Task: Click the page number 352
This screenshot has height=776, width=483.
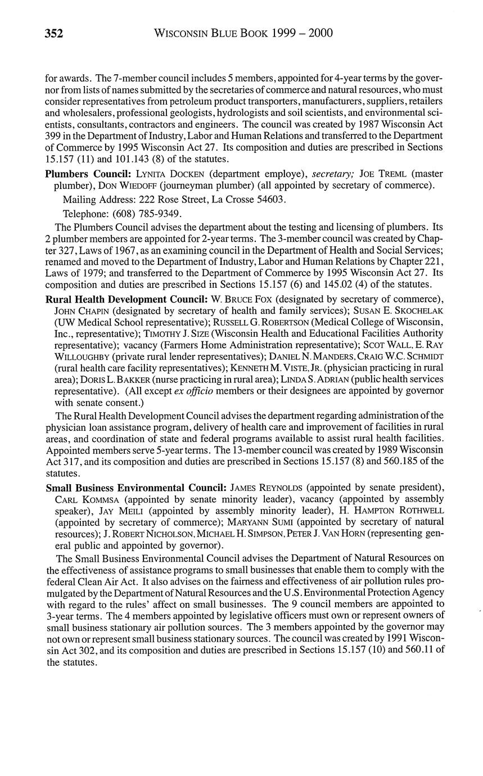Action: [54, 34]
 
